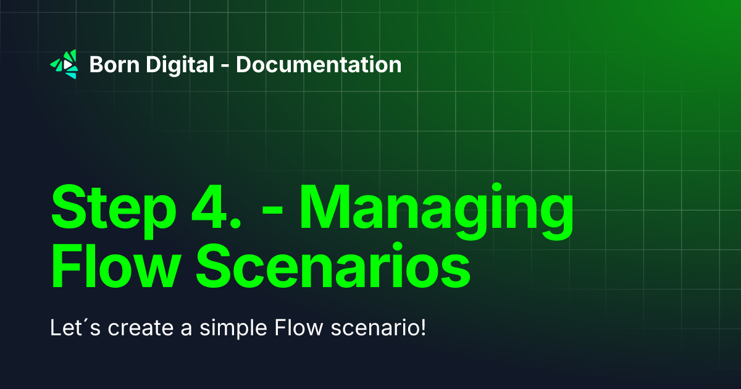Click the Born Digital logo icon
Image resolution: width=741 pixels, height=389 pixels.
point(64,64)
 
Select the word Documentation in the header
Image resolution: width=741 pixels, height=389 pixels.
point(319,64)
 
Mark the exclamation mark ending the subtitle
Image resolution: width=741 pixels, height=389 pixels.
point(424,327)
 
